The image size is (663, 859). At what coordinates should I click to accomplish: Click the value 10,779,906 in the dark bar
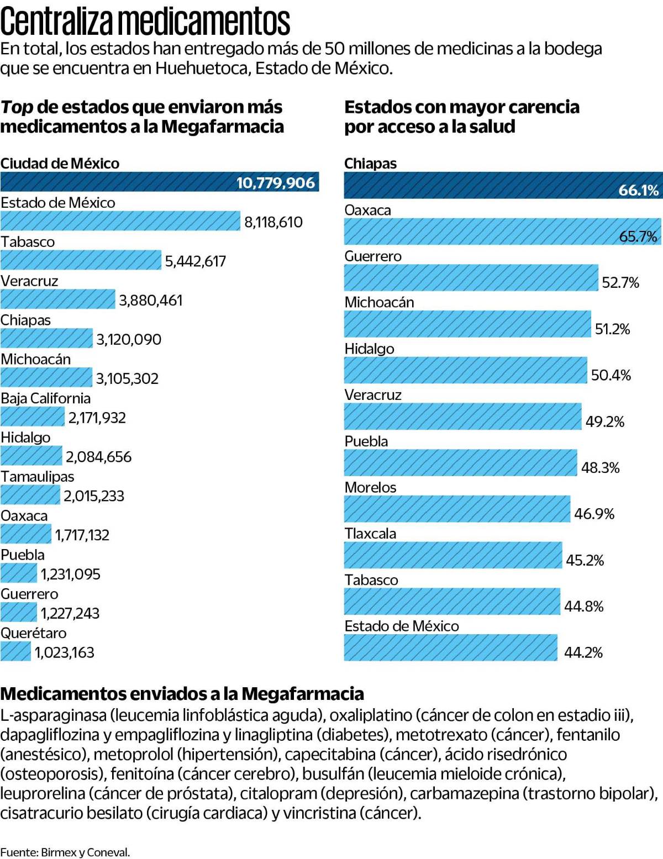(x=275, y=183)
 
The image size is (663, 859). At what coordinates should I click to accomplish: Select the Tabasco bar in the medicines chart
(x=81, y=260)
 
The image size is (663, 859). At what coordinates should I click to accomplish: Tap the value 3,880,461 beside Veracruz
(x=150, y=300)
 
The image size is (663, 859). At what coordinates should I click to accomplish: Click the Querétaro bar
(x=15, y=652)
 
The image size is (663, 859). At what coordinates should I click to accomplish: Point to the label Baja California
(x=45, y=398)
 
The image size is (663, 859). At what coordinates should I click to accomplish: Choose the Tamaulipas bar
(x=30, y=495)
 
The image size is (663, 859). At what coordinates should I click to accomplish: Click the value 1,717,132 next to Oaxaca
(x=82, y=535)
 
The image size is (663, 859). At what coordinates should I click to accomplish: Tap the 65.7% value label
(x=638, y=236)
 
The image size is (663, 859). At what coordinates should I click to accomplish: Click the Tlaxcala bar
(x=452, y=555)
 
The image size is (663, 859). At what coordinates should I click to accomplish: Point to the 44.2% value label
(x=583, y=652)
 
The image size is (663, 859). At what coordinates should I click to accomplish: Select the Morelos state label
(x=370, y=487)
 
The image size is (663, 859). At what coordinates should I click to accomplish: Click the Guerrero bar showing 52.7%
(x=471, y=278)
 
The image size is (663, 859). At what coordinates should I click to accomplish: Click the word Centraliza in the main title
(x=57, y=22)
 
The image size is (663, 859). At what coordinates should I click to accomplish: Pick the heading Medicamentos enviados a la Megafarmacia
(x=182, y=693)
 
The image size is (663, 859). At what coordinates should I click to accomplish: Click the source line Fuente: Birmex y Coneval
(x=65, y=852)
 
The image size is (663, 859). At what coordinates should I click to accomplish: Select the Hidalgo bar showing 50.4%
(x=465, y=370)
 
